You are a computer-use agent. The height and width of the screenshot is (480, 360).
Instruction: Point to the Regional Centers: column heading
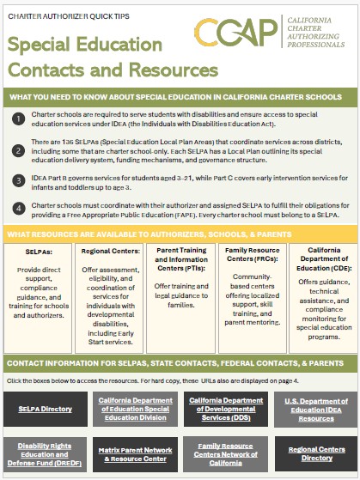click(x=109, y=252)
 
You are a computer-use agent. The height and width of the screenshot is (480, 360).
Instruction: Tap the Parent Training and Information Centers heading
click(x=180, y=259)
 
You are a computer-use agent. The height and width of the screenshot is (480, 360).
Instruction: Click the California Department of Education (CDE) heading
click(x=320, y=259)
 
